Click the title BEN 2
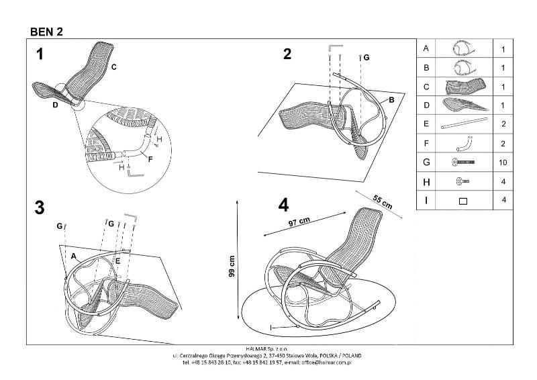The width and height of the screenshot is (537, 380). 46,31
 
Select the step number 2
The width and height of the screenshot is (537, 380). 287,54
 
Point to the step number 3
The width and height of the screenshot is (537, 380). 40,208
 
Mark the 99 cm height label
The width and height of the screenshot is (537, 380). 232,267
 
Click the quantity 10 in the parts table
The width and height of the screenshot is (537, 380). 503,162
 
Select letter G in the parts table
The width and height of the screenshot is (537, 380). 426,162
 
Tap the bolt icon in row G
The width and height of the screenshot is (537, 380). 463,162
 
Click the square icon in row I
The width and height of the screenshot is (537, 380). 463,200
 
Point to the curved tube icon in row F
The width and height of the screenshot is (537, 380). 463,143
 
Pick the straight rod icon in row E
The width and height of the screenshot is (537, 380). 463,125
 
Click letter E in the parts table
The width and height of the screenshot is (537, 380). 426,125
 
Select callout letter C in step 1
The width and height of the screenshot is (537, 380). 114,66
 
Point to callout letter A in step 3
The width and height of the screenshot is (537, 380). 73,256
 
